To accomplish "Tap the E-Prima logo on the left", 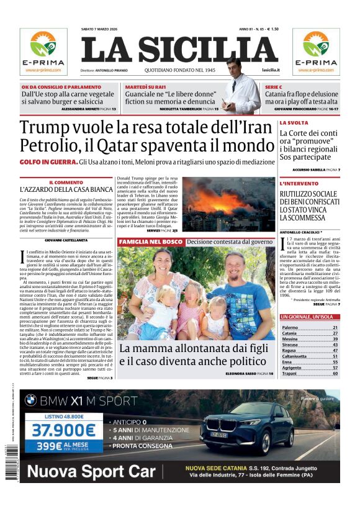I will click(x=43, y=50).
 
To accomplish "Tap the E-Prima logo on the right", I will click(x=316, y=50).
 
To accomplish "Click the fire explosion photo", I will click(x=228, y=204).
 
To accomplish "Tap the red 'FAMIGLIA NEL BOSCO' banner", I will click(x=151, y=241).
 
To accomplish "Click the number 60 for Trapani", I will click(x=335, y=373).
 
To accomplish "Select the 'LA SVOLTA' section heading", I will click(x=294, y=123).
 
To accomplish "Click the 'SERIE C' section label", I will click(x=274, y=88).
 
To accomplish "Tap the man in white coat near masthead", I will click(x=239, y=87).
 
